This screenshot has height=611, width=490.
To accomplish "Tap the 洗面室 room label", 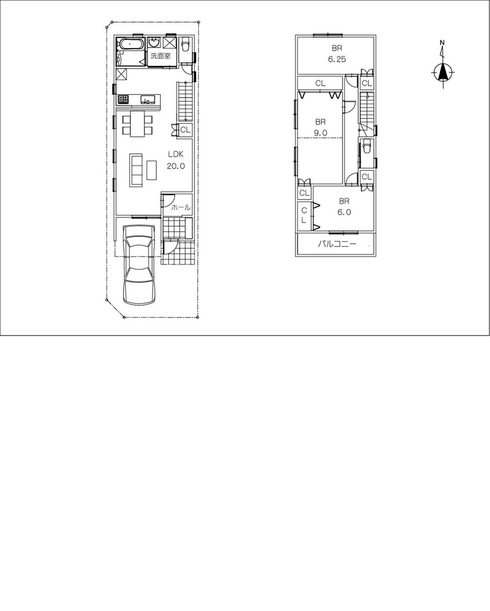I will tap(160, 56).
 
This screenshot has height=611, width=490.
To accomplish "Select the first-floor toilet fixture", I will tap(186, 47).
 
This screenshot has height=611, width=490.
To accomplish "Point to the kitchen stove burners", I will tap(123, 99).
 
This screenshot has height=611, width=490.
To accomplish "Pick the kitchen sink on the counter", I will tap(147, 99).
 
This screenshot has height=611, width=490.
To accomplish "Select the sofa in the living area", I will tap(136, 170).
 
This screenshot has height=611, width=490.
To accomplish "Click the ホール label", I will tap(180, 208).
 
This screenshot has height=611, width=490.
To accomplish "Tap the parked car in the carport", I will tap(140, 265).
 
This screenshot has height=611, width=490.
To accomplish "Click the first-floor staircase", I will tap(184, 102).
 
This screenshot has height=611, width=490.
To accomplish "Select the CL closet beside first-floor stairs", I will tap(185, 130).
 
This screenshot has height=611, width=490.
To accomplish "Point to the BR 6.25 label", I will tap(337, 53).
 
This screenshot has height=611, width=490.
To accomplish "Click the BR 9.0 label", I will tap(321, 127).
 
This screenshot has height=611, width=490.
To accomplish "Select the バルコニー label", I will tap(337, 244).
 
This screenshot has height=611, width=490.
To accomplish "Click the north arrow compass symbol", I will tap(443, 72).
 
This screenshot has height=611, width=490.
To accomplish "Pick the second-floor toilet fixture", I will tap(366, 147).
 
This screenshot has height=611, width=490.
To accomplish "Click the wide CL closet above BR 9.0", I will tap(320, 83).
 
